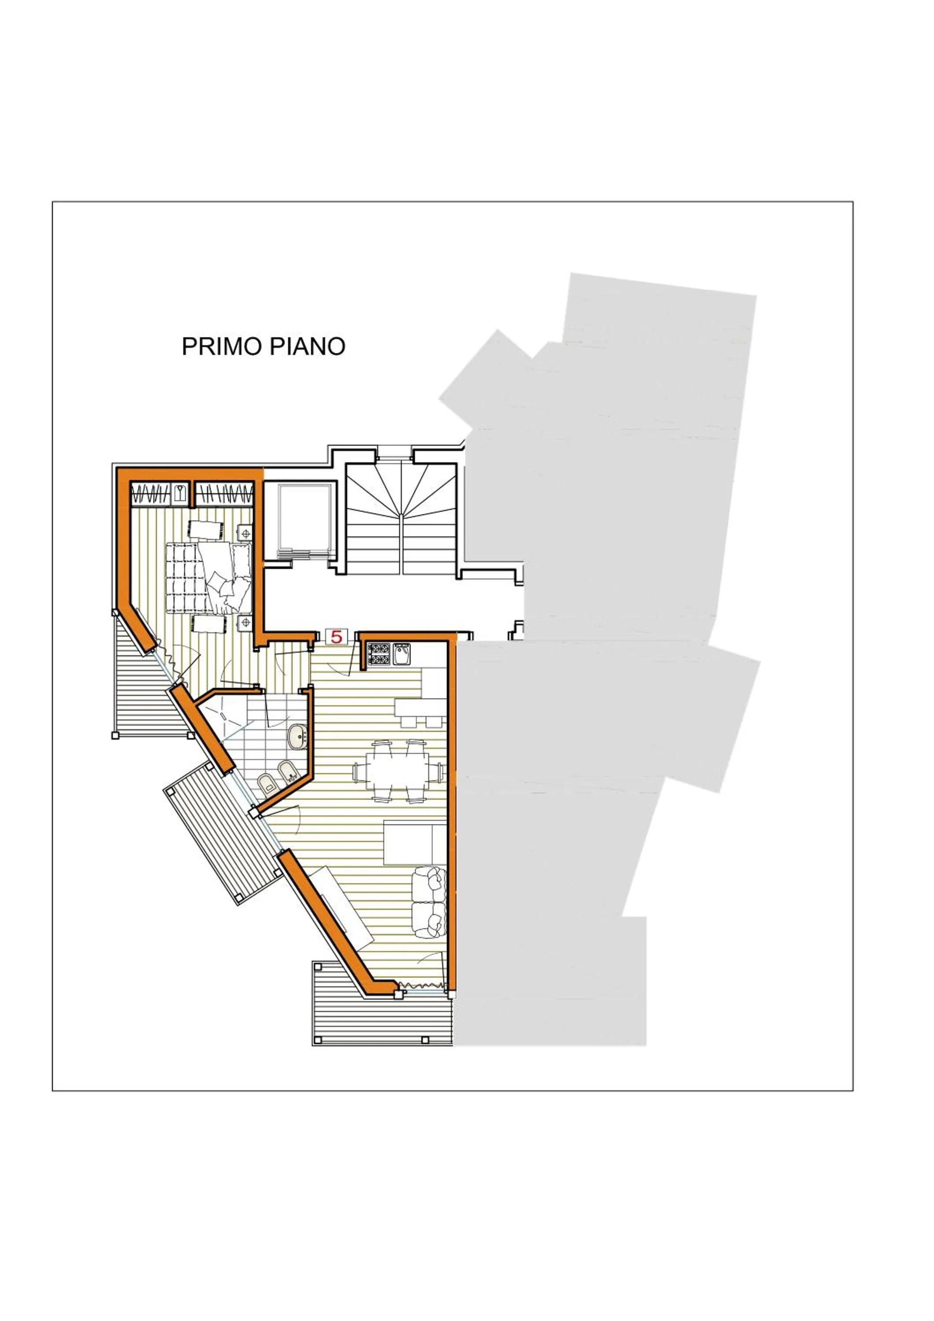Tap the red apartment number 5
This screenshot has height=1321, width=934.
336,637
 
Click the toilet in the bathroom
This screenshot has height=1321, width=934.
267,784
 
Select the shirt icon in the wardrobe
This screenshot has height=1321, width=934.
181,494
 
